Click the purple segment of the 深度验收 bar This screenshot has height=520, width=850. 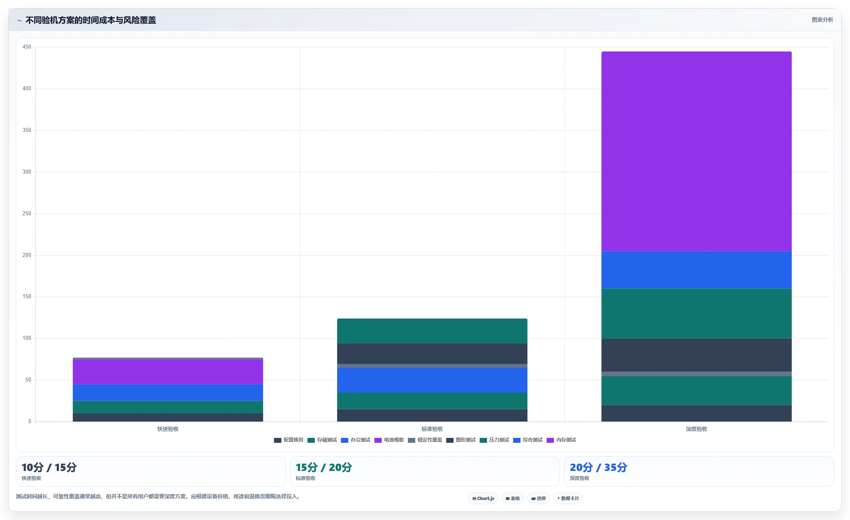click(x=696, y=151)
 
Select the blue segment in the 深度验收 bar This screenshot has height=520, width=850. click(x=696, y=270)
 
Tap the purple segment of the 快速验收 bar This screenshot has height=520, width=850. click(x=168, y=372)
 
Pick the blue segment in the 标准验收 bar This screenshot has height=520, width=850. click(x=432, y=380)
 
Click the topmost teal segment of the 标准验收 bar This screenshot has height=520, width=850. click(x=432, y=331)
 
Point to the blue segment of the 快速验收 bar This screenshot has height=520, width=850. click(x=168, y=393)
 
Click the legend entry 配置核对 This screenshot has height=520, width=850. click(x=289, y=440)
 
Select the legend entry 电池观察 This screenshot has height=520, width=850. click(x=389, y=440)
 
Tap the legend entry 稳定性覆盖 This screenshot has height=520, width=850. click(x=425, y=440)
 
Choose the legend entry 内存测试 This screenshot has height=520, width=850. click(x=561, y=440)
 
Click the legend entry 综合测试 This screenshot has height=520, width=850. click(x=528, y=440)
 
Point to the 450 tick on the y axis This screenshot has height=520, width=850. click(x=27, y=47)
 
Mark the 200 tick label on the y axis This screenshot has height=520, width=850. click(x=27, y=255)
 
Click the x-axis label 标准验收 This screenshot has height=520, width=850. click(x=432, y=429)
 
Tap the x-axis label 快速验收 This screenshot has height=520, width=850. click(x=168, y=429)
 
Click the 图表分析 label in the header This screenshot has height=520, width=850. click(x=822, y=20)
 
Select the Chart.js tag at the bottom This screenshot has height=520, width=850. click(x=483, y=498)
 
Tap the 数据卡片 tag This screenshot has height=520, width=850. click(x=568, y=498)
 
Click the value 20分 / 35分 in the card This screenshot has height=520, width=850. click(x=598, y=467)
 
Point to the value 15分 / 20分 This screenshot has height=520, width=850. click(x=324, y=467)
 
